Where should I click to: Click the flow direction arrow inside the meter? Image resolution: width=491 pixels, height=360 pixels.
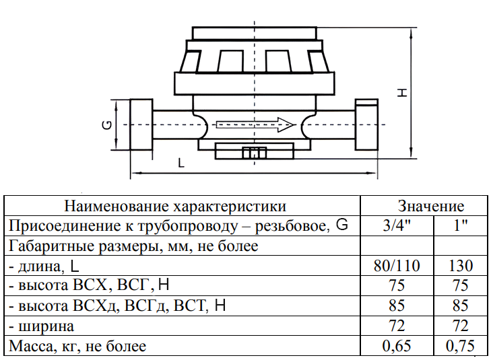pos(255,124)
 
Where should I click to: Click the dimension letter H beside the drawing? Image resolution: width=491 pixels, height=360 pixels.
pos(402,93)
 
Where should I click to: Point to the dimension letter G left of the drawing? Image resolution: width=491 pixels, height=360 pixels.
pos(107,125)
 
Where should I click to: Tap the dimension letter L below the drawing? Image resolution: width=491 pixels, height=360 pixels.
pos(181,163)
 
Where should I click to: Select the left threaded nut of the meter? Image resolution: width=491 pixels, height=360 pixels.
pos(141,124)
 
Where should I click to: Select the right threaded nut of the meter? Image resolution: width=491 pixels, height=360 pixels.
pos(366,124)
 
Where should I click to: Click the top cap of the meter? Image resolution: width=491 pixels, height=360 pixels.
pos(255,33)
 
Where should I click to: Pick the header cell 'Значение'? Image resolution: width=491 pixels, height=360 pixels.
pos(431,206)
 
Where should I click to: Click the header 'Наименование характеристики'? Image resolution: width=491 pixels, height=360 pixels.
pos(175,207)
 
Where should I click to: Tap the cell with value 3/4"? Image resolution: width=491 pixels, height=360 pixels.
pos(397,225)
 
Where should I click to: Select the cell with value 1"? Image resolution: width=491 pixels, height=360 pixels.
pos(461,225)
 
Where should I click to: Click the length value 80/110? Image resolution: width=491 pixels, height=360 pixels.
pos(397,266)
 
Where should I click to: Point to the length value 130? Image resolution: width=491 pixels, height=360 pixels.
pos(461,266)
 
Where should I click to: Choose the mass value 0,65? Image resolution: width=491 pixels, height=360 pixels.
pos(397,346)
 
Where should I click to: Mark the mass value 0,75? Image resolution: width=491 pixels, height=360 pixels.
pos(460,346)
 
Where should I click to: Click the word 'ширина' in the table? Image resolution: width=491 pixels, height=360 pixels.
pos(46,326)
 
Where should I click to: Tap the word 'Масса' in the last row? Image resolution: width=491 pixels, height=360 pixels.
pos(31,346)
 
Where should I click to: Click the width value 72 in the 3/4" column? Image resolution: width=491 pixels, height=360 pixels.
pos(397,326)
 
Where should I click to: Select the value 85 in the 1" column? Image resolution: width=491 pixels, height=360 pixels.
pos(460,306)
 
